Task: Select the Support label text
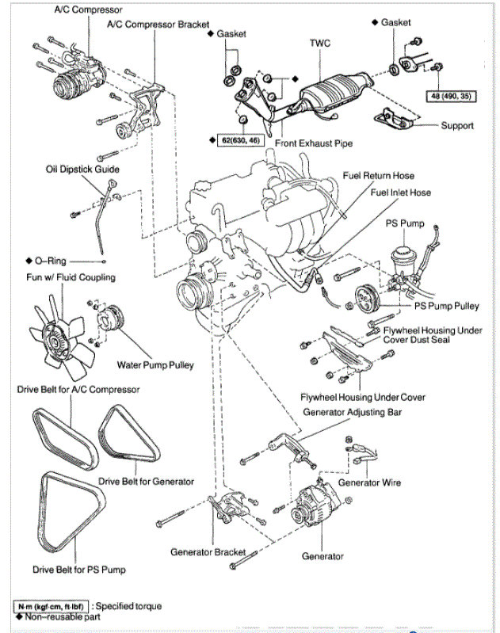(x=457, y=125)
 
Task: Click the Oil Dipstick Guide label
(x=82, y=170)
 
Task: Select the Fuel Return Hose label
(x=378, y=175)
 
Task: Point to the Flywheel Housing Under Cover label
(x=363, y=397)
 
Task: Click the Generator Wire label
(x=369, y=482)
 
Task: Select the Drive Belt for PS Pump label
(x=79, y=569)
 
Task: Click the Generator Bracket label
(x=208, y=551)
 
